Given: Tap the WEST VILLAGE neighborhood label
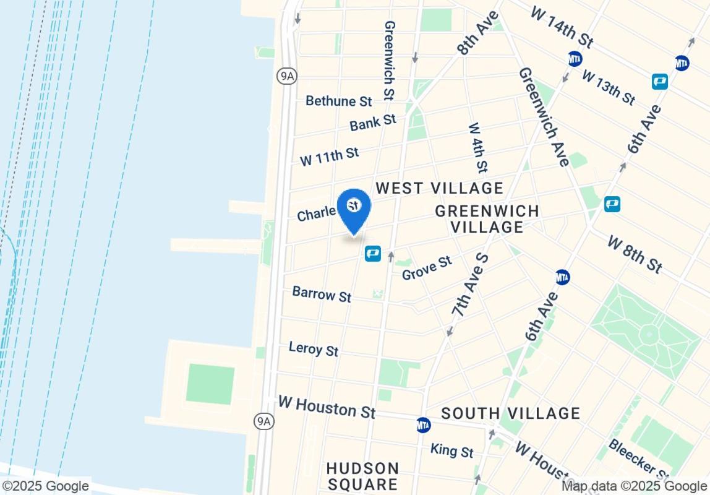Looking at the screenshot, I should (440, 188).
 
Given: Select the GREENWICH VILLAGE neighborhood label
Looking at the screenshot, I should (487, 219).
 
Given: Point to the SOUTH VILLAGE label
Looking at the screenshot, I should (510, 413).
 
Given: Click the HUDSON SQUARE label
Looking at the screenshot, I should (362, 476).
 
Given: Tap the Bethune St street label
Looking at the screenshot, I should (339, 101).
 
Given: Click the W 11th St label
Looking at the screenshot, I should (329, 156).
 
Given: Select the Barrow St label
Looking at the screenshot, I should (322, 294).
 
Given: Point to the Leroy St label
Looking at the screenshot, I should (314, 348).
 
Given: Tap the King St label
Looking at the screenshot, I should (452, 450).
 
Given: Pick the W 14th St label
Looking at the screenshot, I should (562, 28).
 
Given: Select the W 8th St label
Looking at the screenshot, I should (635, 254).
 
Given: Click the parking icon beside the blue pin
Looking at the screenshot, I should (372, 254).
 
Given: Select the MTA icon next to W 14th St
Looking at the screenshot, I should (575, 58).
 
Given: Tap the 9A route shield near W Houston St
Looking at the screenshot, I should (264, 421).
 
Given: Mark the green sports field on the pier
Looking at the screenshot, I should (210, 384).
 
